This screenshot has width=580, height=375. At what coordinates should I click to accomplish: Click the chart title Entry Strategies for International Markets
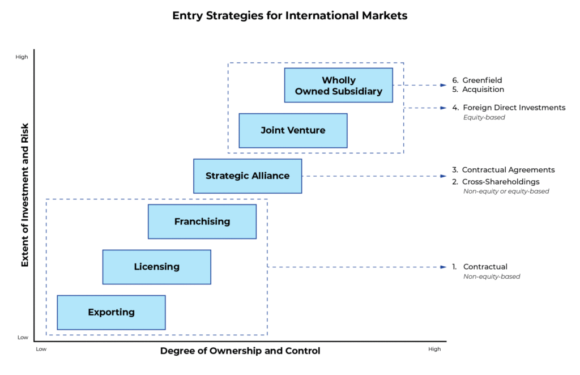289,16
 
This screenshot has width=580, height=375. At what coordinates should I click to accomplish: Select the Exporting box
111,312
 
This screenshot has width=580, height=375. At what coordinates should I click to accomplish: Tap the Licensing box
157,267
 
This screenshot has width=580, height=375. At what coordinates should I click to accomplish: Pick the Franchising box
202,221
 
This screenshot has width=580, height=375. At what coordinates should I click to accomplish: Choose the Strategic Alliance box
248,176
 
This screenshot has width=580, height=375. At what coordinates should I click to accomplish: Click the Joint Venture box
293,130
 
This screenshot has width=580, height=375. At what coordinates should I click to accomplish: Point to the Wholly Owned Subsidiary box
338,86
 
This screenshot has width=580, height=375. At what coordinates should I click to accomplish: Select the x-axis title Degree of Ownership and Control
240,351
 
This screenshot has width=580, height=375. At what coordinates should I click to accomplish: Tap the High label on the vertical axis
22,57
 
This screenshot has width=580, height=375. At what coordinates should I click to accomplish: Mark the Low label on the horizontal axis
41,349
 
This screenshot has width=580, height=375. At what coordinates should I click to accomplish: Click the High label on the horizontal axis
434,349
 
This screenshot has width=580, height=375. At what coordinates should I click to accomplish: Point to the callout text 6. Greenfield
477,80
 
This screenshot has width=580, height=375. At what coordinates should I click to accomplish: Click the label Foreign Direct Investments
514,108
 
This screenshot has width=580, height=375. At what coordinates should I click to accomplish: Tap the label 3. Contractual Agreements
504,170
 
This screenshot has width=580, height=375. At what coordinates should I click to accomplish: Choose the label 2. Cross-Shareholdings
496,182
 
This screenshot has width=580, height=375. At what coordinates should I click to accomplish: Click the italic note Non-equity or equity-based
506,191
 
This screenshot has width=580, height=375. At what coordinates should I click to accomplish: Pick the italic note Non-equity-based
492,276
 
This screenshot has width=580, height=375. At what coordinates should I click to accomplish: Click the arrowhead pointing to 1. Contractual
443,267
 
